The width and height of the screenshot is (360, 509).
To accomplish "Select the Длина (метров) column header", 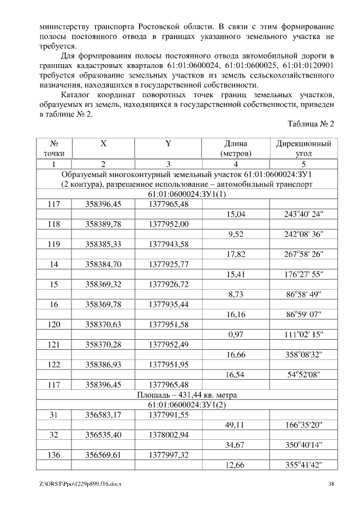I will click(x=236, y=148).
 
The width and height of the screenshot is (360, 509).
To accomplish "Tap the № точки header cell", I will click(x=54, y=148).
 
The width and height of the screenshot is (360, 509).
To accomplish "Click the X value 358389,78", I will click(x=103, y=224).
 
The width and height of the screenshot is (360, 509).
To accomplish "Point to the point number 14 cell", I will click(x=54, y=264).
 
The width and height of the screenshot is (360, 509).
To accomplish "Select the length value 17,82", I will click(x=236, y=254).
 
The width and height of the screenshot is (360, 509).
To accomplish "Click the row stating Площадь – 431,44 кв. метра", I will click(x=180, y=395).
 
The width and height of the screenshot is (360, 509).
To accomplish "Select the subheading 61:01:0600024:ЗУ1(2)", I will click(x=180, y=405).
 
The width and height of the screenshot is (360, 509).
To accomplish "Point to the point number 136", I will click(x=54, y=454).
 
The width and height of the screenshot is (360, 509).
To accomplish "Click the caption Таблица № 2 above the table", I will click(x=310, y=124).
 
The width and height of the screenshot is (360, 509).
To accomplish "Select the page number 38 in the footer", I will click(x=331, y=484).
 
